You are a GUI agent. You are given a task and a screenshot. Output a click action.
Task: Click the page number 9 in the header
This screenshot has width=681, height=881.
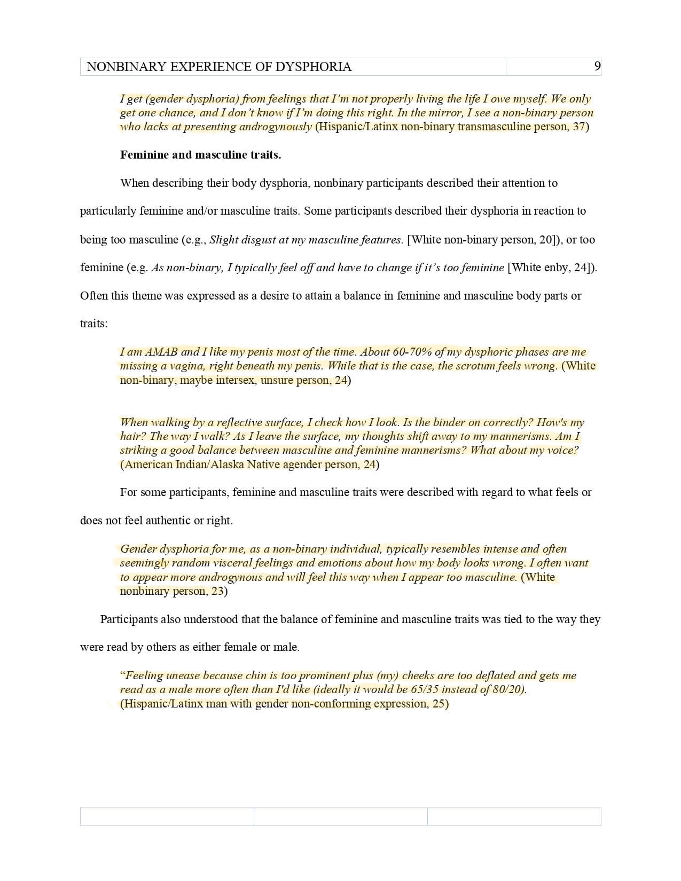597,66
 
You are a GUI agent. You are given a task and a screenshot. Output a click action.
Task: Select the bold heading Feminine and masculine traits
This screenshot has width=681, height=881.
200,155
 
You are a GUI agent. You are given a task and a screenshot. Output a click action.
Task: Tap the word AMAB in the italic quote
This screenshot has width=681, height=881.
161,352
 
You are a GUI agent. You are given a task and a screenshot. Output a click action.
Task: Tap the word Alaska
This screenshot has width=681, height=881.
229,465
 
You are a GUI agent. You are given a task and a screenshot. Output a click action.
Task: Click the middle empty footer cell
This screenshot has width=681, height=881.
340,816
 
